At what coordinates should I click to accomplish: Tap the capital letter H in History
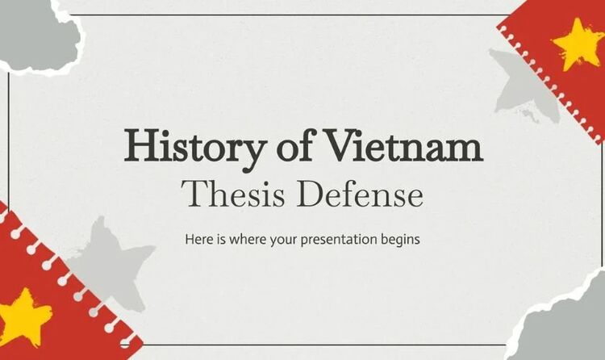click(x=138, y=149)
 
